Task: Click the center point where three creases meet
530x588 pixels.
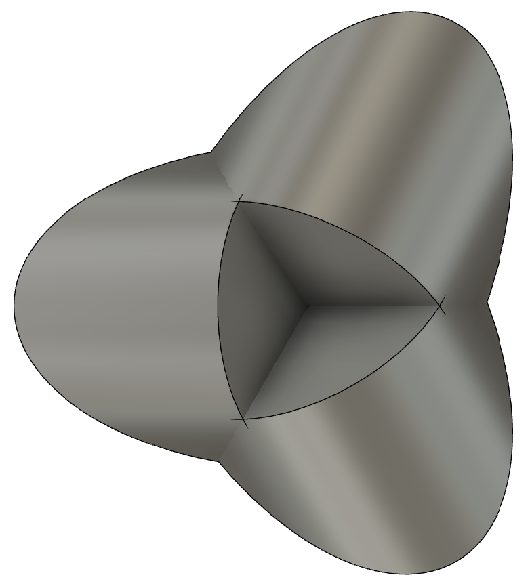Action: (x=307, y=306)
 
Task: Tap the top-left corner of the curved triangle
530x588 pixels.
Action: (x=237, y=201)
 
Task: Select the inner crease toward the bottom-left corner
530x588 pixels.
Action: (x=274, y=364)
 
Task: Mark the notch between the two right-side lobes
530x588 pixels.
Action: (x=487, y=299)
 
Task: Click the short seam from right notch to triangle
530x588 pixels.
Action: (x=464, y=302)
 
